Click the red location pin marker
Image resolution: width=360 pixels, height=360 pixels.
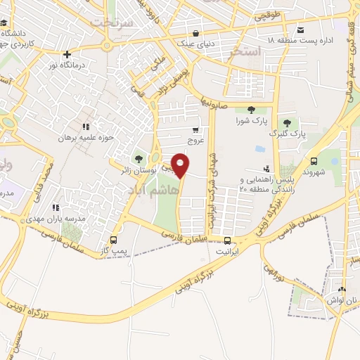click(181, 165)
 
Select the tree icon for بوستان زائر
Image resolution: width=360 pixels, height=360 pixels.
click(138, 158)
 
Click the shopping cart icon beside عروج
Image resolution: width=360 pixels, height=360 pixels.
click(195, 129)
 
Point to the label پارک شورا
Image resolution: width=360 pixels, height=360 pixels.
click(251, 120)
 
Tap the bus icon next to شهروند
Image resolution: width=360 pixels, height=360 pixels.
click(313, 161)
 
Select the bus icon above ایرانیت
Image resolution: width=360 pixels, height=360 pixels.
click(224, 238)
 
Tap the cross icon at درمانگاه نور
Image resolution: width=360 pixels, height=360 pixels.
click(67, 54)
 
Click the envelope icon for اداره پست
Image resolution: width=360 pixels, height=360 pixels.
click(300, 30)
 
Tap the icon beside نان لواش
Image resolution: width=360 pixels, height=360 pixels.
click(342, 289)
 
